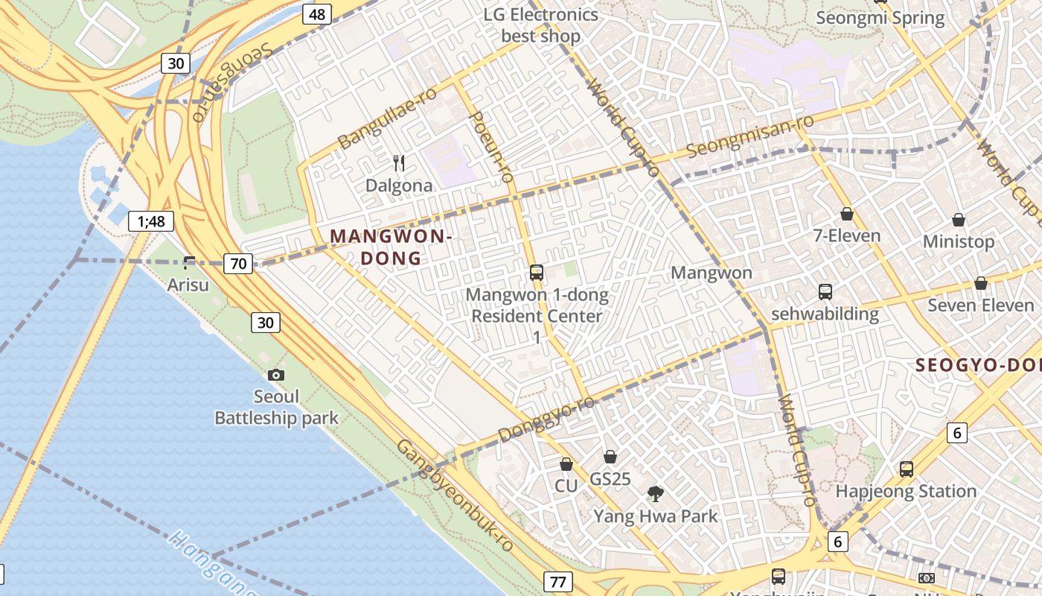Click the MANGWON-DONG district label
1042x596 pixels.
coord(391,247)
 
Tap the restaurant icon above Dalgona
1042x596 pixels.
coord(400,163)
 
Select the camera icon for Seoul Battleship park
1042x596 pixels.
coord(276,375)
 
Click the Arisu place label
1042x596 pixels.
coord(188,285)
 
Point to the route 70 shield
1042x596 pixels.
coord(238,263)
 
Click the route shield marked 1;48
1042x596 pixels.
coord(151,221)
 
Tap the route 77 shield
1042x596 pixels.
coord(557,580)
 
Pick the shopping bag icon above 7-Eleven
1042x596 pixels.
coord(847,215)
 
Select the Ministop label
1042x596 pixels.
coord(958,241)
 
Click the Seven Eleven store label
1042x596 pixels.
coord(980,305)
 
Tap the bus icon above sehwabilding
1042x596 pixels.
coord(825,292)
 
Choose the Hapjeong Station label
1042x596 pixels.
coord(906,491)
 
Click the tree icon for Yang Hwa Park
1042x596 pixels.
coord(656,493)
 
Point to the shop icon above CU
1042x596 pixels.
coord(566,464)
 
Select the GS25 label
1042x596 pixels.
coord(610,479)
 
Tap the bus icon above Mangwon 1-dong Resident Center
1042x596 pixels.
coord(537,273)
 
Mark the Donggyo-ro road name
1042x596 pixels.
coord(546,419)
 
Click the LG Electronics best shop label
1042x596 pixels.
coord(540,25)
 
